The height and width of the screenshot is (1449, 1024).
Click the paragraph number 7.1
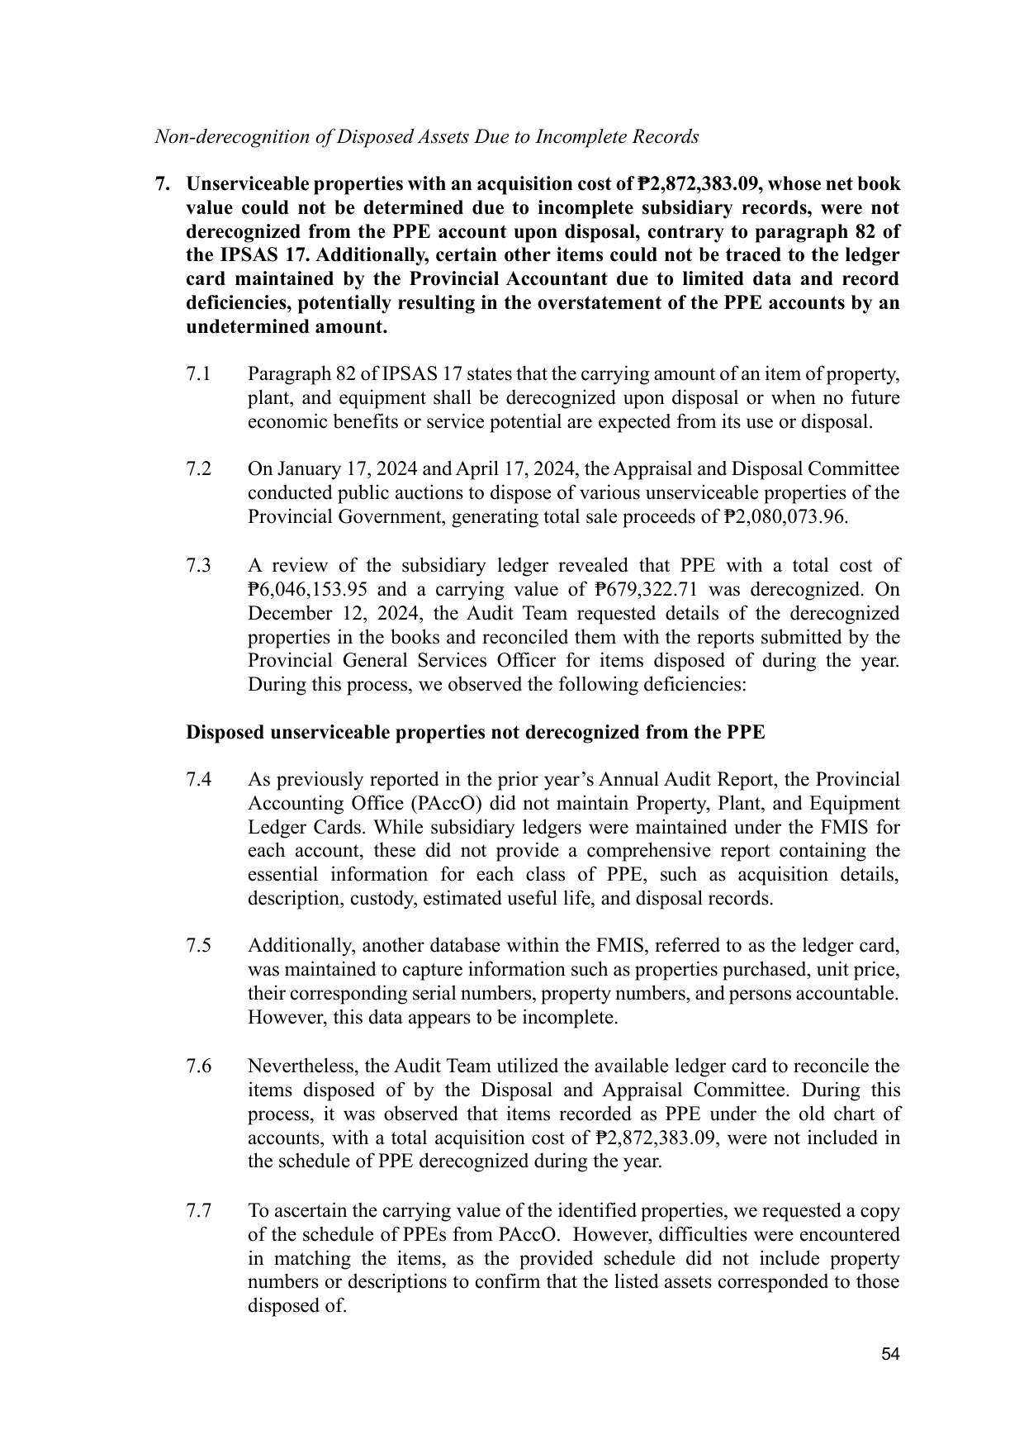[199, 374]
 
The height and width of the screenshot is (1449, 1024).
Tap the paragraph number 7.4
[199, 780]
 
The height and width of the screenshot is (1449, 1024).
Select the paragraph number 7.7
[199, 1211]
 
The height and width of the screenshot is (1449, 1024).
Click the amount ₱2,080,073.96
[785, 517]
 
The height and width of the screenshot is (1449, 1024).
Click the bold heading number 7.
[164, 183]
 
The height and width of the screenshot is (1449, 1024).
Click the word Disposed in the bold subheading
[225, 733]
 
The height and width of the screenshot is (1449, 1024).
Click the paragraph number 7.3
[199, 566]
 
